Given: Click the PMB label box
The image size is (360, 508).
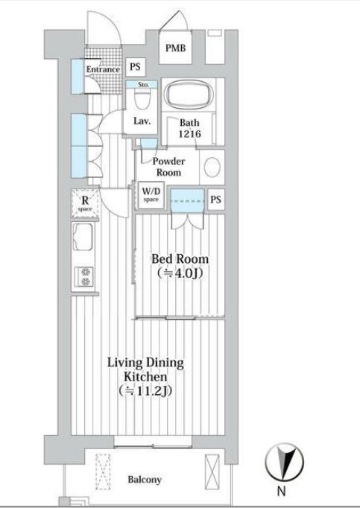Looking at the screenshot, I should [176, 50].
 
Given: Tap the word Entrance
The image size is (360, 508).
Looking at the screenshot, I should [103, 69].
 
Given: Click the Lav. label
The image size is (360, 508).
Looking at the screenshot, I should [142, 121].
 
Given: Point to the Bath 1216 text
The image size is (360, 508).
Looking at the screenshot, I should [189, 129].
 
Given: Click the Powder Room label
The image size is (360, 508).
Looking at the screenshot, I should [168, 167].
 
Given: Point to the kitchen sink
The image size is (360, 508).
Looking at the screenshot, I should [83, 241].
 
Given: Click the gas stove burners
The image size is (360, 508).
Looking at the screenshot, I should [83, 277].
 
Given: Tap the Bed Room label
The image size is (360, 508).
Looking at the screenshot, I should [180, 259].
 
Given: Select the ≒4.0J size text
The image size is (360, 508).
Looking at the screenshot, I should [180, 273].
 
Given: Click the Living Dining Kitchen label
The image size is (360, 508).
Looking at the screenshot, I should [145, 369].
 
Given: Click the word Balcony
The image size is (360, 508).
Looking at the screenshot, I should [145, 480].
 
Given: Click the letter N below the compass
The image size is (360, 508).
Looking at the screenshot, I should [282, 492].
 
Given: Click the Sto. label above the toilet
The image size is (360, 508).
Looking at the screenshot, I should [144, 85].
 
